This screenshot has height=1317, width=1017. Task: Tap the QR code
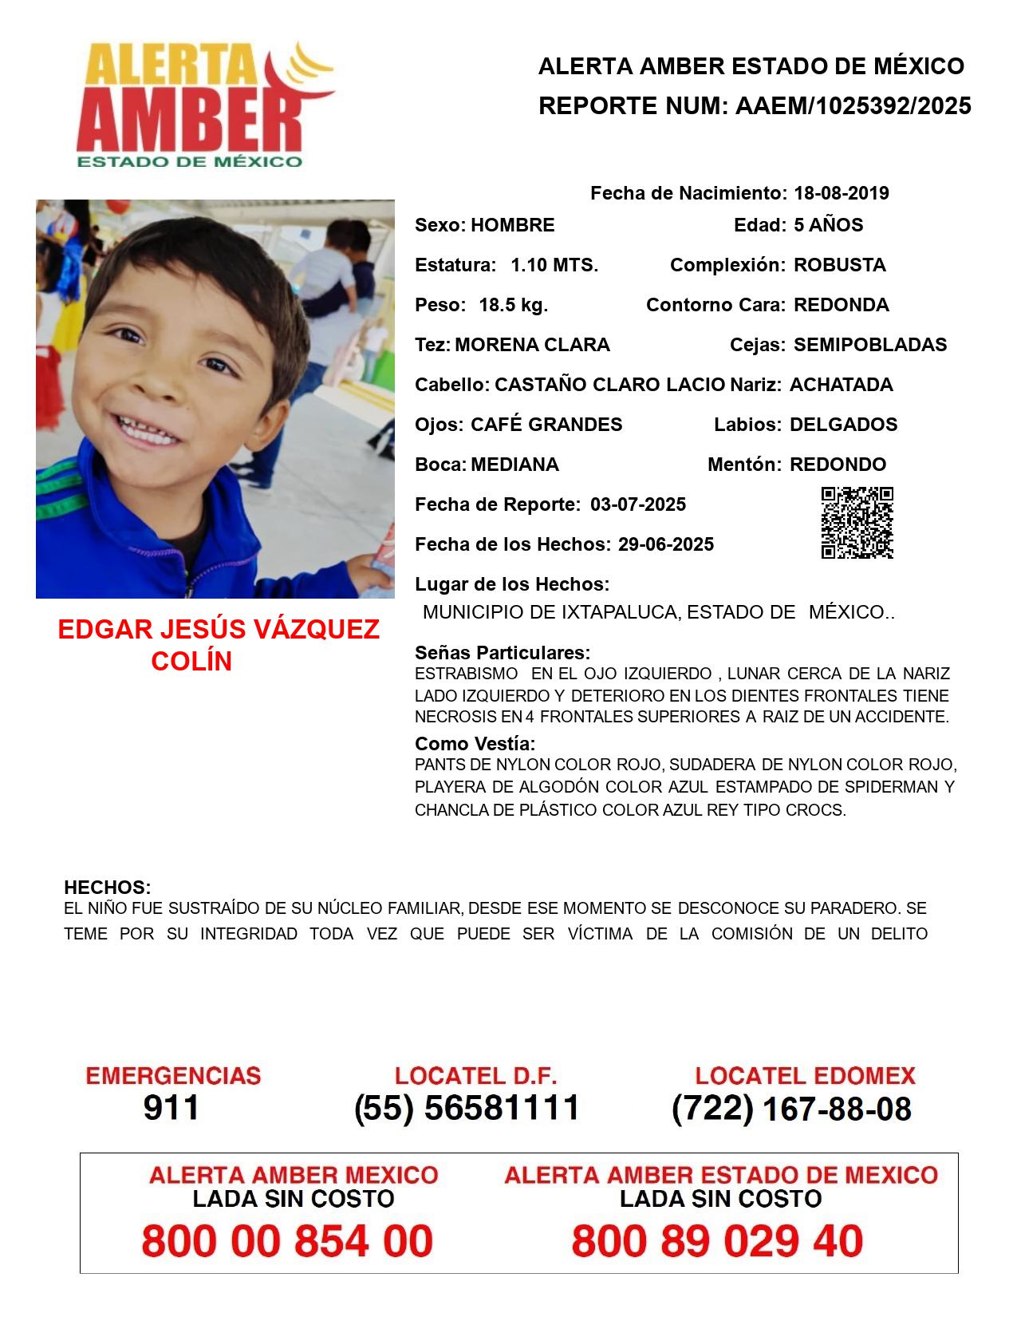click(857, 523)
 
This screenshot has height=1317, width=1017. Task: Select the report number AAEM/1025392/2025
click(853, 106)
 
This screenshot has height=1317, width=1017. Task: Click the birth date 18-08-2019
click(841, 193)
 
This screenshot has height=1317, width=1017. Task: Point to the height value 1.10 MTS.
click(554, 265)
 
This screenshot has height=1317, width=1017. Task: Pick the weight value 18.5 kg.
click(513, 305)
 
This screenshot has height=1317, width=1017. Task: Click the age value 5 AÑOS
click(828, 225)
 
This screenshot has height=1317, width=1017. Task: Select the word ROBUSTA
click(839, 265)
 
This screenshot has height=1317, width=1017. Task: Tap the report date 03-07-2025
click(638, 504)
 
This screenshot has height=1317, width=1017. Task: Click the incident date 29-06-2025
click(665, 544)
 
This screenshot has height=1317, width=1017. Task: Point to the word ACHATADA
click(841, 385)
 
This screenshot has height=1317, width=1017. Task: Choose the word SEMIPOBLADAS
click(870, 345)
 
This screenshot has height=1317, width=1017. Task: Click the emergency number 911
click(171, 1108)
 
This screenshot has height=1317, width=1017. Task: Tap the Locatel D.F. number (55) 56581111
click(467, 1108)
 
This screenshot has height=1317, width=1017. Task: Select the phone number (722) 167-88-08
click(791, 1109)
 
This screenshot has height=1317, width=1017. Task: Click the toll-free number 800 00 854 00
click(287, 1241)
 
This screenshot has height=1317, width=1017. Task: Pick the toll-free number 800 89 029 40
click(717, 1241)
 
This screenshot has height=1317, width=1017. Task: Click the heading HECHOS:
click(107, 888)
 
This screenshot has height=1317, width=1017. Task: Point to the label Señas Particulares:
click(503, 653)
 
